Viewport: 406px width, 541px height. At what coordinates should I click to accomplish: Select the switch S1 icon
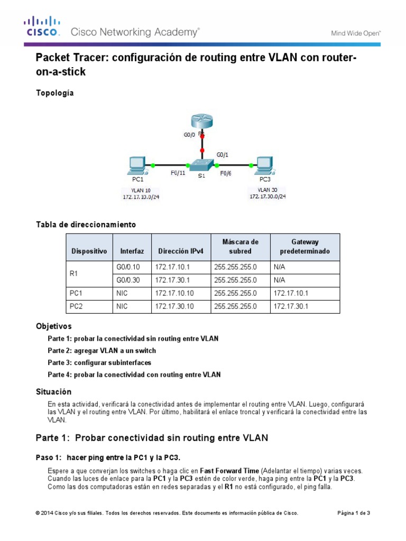click(201, 165)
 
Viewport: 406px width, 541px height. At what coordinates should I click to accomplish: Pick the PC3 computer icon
click(263, 165)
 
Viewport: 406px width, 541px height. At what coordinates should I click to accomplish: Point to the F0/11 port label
click(178, 172)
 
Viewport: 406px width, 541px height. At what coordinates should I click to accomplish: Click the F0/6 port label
click(226, 172)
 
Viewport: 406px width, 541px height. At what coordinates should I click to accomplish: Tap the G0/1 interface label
click(223, 155)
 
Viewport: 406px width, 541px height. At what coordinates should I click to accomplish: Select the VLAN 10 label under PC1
click(134, 190)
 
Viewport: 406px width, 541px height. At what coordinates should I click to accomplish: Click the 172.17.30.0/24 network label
click(267, 196)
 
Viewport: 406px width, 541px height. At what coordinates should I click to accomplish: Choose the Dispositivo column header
click(89, 251)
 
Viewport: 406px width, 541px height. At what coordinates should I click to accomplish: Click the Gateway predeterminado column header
click(304, 247)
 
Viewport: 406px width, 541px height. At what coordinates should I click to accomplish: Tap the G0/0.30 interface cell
click(128, 280)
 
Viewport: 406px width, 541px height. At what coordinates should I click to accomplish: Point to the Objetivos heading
click(53, 327)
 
